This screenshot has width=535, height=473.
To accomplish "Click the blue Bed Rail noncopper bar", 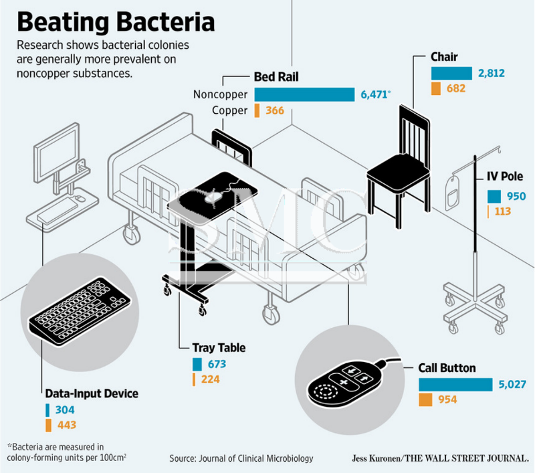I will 304,94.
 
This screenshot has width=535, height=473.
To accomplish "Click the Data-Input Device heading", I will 92,393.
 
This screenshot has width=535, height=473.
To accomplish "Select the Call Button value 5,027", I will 512,384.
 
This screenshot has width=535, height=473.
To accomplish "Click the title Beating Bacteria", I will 116,22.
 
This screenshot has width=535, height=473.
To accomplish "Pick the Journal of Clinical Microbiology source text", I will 241,458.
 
